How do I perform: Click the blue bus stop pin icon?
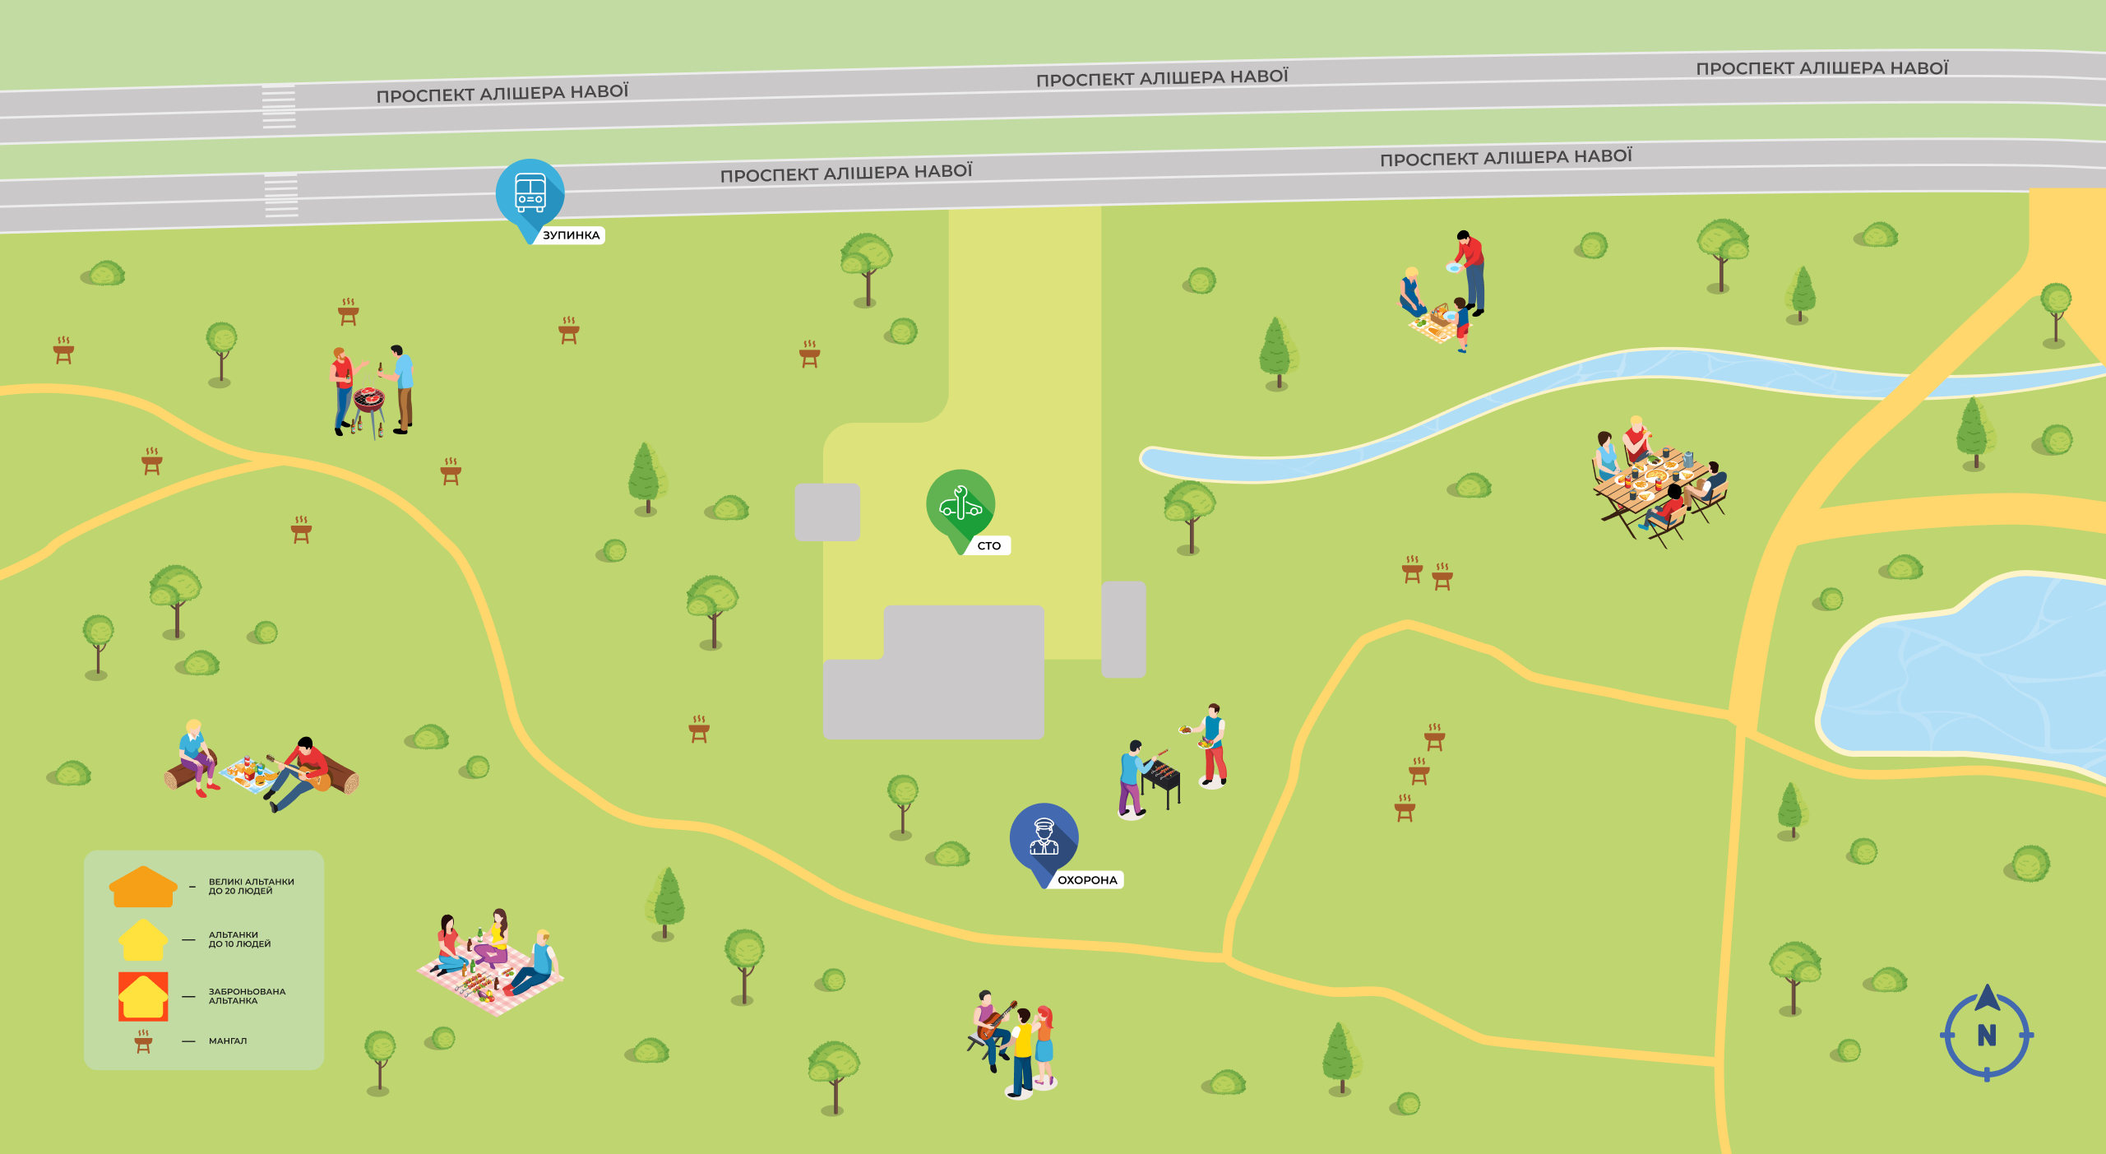pyautogui.click(x=530, y=192)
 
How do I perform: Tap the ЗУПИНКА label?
pyautogui.click(x=571, y=235)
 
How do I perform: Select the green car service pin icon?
pyautogui.click(x=960, y=503)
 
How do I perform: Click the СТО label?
pyautogui.click(x=988, y=545)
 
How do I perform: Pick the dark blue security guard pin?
pyautogui.click(x=1044, y=837)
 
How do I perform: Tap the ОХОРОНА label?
pyautogui.click(x=1086, y=880)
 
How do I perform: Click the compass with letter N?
pyautogui.click(x=1986, y=1034)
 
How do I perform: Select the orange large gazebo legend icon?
pyautogui.click(x=143, y=887)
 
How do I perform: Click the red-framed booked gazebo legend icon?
pyautogui.click(x=143, y=996)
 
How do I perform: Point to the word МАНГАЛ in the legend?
pyautogui.click(x=228, y=1041)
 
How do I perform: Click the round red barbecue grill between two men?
pyautogui.click(x=368, y=401)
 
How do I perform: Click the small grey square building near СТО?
pyautogui.click(x=826, y=512)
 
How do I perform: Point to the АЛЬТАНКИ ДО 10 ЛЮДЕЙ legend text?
pyautogui.click(x=239, y=939)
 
